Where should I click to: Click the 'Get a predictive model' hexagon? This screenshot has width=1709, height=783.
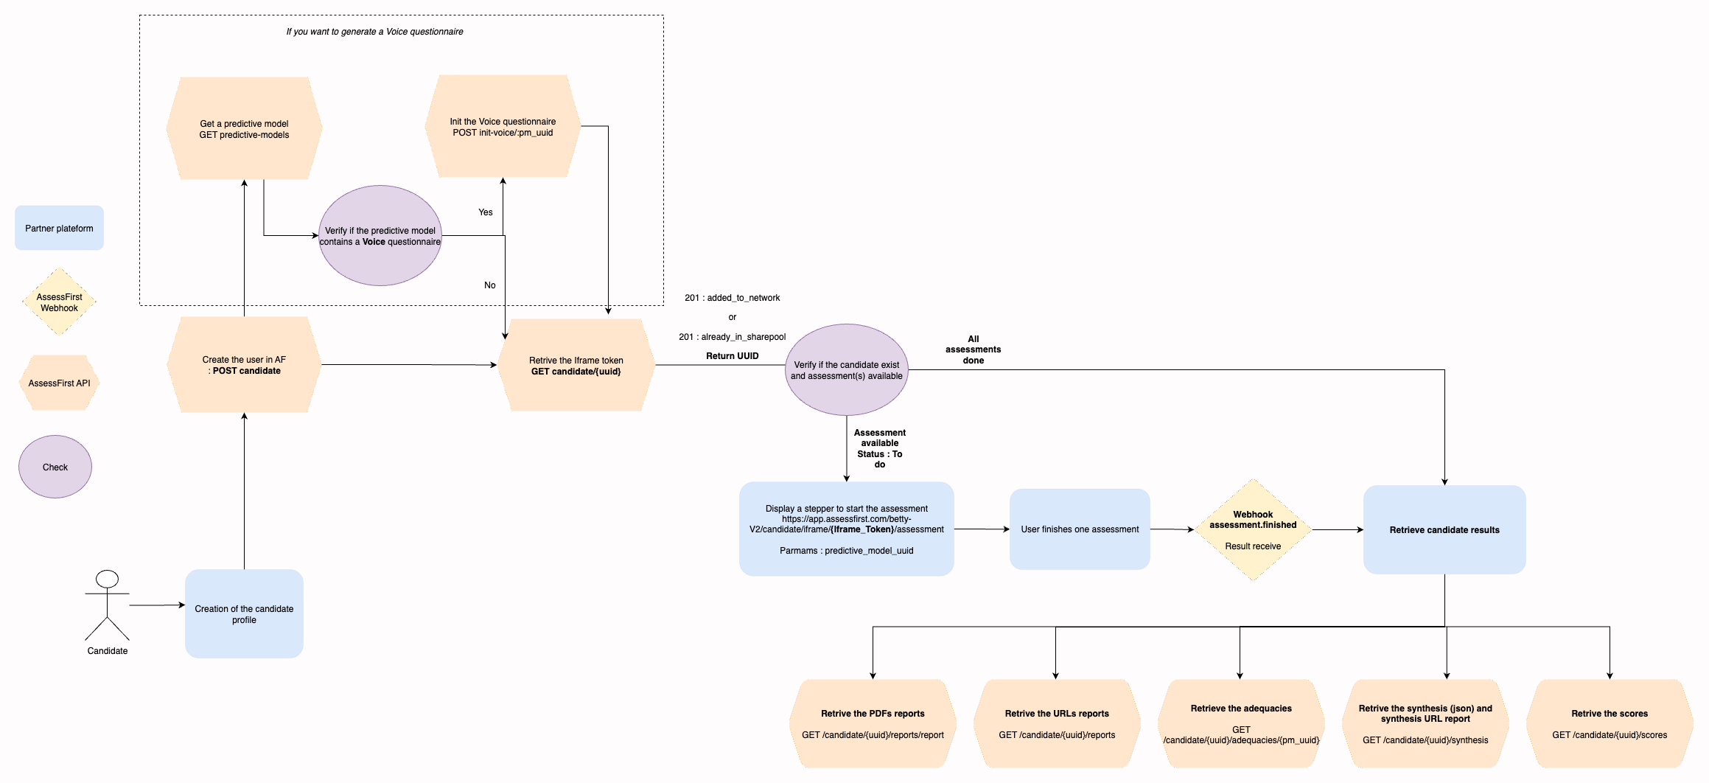click(x=244, y=128)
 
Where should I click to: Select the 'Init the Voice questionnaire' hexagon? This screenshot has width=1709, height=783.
click(x=503, y=126)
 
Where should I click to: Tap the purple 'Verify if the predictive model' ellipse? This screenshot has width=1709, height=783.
click(x=380, y=236)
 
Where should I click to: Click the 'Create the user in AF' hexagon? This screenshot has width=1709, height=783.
click(x=244, y=365)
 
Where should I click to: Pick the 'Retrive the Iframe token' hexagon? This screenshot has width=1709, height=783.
click(x=576, y=365)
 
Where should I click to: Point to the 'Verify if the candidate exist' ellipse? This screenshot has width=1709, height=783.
click(x=846, y=370)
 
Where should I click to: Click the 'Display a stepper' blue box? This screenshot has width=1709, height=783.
click(x=846, y=529)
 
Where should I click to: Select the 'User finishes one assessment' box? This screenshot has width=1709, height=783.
click(x=1080, y=529)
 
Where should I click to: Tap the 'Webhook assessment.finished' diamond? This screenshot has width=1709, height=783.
click(x=1253, y=529)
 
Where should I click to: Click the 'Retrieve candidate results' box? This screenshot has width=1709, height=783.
click(x=1444, y=529)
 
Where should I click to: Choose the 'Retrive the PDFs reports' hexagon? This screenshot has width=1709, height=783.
click(x=873, y=723)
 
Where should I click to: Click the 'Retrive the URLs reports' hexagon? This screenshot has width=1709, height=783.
click(x=1057, y=723)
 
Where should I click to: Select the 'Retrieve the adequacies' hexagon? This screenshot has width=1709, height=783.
click(x=1241, y=723)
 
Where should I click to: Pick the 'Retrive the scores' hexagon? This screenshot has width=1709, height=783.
click(x=1610, y=723)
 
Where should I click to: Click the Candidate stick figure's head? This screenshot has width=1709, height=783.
click(x=108, y=579)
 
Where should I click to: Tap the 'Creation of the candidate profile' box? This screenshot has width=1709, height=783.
click(x=244, y=613)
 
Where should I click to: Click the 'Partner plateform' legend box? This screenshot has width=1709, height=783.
click(x=59, y=228)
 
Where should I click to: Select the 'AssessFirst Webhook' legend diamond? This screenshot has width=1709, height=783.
click(x=59, y=302)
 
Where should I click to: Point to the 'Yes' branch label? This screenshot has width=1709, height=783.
click(x=486, y=212)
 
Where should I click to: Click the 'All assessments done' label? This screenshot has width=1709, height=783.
click(x=973, y=349)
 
